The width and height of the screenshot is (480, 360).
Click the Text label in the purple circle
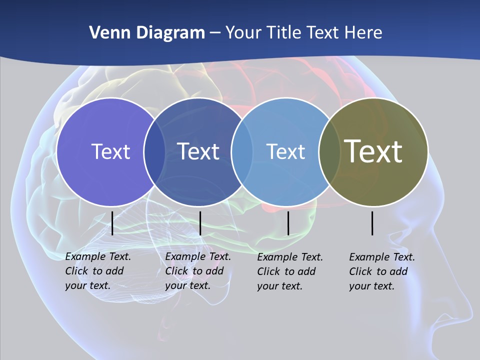[x=110, y=151]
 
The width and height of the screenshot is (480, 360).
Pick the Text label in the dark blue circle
[x=198, y=151]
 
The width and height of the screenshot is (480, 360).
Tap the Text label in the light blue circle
[x=285, y=151]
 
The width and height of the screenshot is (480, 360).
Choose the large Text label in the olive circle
[x=373, y=151]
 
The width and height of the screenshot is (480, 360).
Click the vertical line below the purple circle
[x=112, y=223]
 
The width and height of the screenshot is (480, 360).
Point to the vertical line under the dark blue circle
[x=200, y=223]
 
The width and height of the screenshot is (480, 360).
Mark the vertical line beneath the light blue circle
[x=288, y=223]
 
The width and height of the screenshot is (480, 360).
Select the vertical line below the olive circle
[x=372, y=223]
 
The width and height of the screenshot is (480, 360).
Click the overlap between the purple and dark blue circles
[x=154, y=152]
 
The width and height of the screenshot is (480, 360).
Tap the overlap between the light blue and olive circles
[x=329, y=152]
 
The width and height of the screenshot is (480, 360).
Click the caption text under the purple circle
[x=97, y=271]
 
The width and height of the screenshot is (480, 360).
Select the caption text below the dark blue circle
[x=197, y=271]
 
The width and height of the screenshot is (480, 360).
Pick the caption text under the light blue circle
[x=289, y=271]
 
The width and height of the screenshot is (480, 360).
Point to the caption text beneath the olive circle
[x=381, y=271]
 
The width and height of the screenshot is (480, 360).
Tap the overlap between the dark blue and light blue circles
[x=242, y=152]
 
